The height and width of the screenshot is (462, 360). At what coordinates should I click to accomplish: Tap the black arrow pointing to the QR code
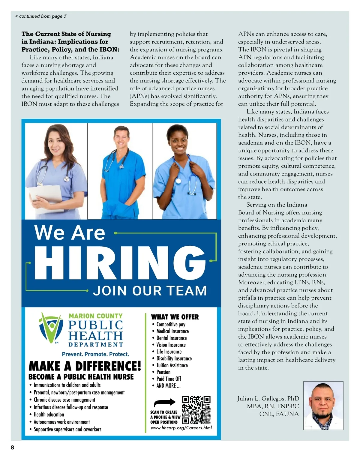(x=165, y=403)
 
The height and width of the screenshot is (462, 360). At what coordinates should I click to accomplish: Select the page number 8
(x=13, y=448)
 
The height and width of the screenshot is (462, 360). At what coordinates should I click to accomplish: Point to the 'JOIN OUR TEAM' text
(x=150, y=291)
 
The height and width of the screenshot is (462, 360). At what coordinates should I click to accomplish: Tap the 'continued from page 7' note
(x=41, y=16)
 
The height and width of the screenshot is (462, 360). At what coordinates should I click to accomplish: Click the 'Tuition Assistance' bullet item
(x=172, y=365)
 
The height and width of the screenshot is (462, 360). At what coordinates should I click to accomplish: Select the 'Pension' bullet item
(x=163, y=372)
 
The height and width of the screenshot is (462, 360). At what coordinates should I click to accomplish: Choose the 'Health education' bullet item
(x=49, y=415)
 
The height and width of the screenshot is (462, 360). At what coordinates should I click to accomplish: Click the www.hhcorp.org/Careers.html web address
(x=181, y=428)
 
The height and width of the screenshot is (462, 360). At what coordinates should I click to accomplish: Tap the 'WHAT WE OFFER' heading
(x=175, y=317)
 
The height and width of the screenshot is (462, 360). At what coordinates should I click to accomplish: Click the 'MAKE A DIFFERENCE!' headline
(x=85, y=366)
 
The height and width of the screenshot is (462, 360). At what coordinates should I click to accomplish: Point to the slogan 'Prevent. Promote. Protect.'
(x=95, y=354)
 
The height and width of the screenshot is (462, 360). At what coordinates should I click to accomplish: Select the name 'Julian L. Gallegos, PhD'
(x=268, y=399)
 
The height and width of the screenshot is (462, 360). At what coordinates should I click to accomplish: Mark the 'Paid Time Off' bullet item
(x=169, y=379)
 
